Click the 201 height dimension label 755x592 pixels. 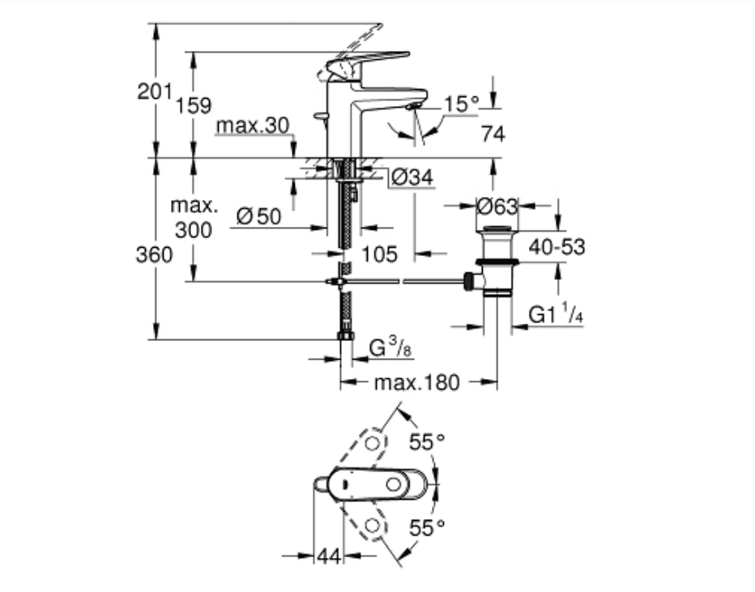(155, 91)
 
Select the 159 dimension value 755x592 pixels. (193, 105)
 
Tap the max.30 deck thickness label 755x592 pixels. (253, 126)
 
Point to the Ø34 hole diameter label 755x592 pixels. (412, 177)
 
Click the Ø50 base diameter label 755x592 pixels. (259, 216)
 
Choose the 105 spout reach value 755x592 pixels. (379, 254)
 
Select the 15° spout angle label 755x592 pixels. (461, 104)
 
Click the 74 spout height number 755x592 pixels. (493, 134)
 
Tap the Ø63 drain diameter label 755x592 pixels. (497, 207)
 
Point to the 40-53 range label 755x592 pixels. (557, 247)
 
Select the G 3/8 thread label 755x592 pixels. (390, 347)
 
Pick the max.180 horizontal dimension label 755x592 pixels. (417, 382)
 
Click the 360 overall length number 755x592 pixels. (154, 254)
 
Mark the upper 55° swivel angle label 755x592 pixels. (427, 441)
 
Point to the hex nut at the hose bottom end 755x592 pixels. (346, 336)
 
